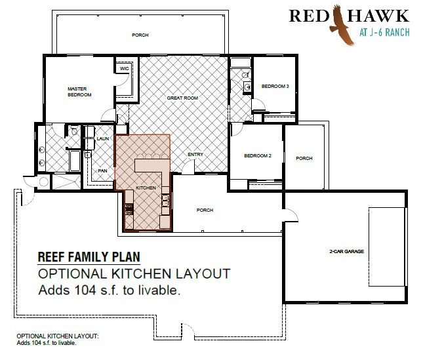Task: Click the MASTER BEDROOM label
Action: click(79, 92)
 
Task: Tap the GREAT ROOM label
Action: click(182, 98)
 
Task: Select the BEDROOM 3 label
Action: click(275, 87)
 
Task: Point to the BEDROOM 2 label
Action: click(258, 155)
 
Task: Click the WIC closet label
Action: click(124, 68)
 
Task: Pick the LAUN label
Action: click(103, 138)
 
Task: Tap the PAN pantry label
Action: click(102, 170)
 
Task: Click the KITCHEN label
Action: click(146, 188)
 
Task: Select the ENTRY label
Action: click(195, 155)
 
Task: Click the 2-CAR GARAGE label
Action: click(347, 251)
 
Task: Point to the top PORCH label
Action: click(140, 35)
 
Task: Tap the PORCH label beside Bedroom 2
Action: click(304, 158)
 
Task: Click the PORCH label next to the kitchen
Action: click(205, 210)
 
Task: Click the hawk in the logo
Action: click(340, 26)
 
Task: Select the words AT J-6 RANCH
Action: click(384, 32)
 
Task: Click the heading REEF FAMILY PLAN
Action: click(89, 256)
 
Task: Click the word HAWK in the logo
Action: click(378, 16)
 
